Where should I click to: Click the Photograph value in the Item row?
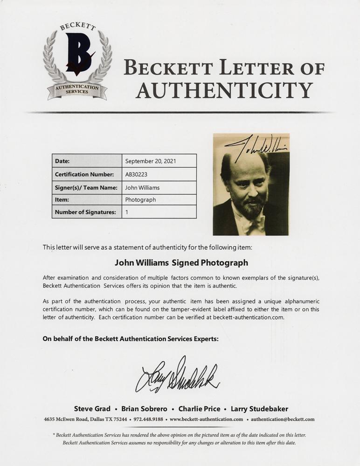click(x=140, y=199)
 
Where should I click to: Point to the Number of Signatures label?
click(x=85, y=212)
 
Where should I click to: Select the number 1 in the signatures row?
click(x=127, y=212)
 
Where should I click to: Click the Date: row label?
click(x=62, y=161)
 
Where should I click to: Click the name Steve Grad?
click(x=92, y=409)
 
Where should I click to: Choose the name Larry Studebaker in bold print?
click(x=260, y=409)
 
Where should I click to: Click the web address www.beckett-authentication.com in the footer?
click(x=206, y=419)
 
